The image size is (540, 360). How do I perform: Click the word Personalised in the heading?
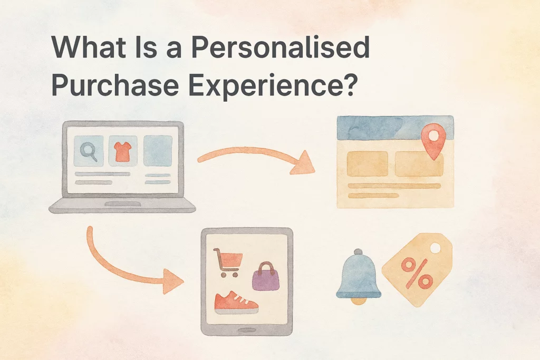click(281, 48)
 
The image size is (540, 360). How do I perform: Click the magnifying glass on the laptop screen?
click(89, 152)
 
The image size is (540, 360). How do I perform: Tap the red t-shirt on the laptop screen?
click(122, 151)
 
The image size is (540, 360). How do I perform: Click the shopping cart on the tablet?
click(228, 262)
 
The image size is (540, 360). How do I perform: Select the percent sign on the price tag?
click(417, 273)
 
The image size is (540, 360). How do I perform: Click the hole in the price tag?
click(435, 247)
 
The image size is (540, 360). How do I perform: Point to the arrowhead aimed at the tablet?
click(172, 281)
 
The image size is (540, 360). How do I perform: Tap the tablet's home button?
click(247, 330)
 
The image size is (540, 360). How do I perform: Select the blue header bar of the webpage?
click(394, 127)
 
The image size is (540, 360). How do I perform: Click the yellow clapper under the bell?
click(359, 301)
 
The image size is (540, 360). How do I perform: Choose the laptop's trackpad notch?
click(122, 204)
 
